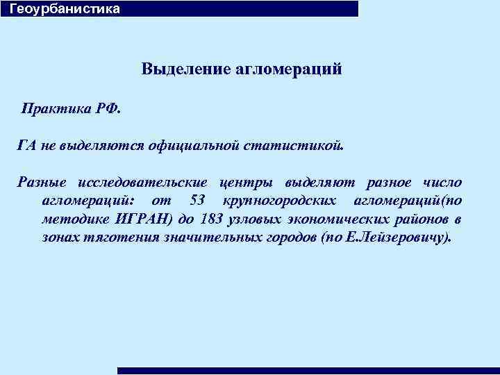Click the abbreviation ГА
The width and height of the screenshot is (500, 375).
[27, 146]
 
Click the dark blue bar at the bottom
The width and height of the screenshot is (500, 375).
[308, 371]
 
